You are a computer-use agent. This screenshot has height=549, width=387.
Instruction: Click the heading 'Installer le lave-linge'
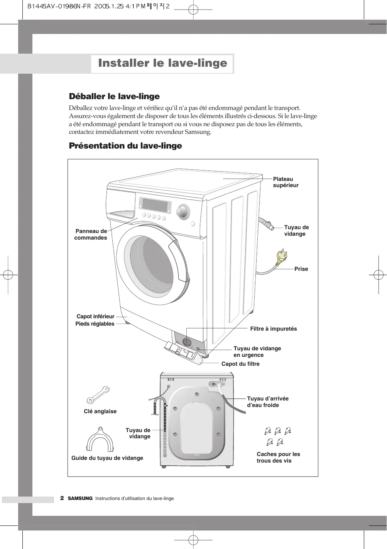click(x=162, y=63)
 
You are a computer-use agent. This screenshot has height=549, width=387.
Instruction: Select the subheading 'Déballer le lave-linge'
click(x=114, y=96)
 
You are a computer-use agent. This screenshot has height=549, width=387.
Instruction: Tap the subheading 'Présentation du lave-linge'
click(x=125, y=146)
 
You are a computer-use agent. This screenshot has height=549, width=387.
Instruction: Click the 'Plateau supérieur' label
click(x=286, y=182)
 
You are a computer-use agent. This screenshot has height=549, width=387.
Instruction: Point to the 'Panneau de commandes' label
click(x=91, y=235)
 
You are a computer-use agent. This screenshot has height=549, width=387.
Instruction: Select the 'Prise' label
click(x=301, y=269)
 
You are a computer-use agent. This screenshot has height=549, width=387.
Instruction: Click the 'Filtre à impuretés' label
click(x=273, y=329)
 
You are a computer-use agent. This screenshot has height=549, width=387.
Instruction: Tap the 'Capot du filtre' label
click(x=240, y=364)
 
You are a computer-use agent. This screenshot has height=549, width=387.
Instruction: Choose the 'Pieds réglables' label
click(x=95, y=324)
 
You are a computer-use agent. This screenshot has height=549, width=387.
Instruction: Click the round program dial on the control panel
click(x=182, y=212)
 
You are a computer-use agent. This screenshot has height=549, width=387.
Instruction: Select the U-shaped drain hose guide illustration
click(x=100, y=439)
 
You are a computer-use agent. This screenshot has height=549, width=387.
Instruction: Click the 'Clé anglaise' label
click(x=100, y=411)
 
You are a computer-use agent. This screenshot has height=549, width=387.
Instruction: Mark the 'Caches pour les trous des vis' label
click(x=278, y=458)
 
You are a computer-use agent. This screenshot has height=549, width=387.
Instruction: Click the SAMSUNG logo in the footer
click(x=80, y=498)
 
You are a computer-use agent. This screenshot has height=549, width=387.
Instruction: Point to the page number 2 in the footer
click(x=62, y=498)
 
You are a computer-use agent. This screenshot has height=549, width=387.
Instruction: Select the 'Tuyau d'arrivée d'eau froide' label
click(x=267, y=402)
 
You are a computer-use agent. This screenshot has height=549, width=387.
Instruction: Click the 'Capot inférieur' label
click(x=95, y=316)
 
